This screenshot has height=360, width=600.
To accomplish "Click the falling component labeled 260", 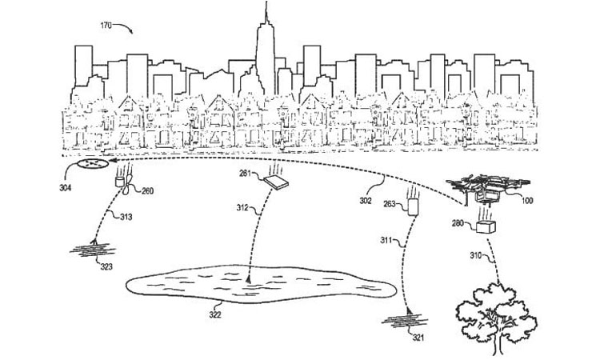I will click(x=122, y=183).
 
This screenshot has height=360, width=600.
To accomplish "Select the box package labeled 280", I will click(x=485, y=227).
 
